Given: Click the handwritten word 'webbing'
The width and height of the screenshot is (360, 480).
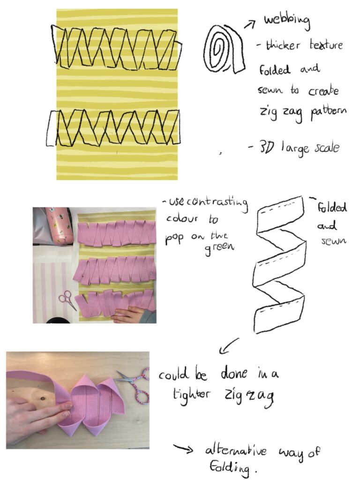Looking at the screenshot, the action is pos(287,21).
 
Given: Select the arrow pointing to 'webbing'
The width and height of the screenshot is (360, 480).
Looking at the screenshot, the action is pos(250,24).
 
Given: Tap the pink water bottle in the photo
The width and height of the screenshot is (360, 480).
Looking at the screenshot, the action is pos(59,225).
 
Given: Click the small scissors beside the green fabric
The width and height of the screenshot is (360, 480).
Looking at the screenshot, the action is pos(67,300).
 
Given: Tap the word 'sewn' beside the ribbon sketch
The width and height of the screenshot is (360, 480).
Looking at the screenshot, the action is pos(334,240).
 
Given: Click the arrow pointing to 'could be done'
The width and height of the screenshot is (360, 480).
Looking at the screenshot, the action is pos(229,346).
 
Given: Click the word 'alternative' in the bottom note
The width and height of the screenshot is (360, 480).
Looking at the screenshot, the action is pos(236,451).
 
